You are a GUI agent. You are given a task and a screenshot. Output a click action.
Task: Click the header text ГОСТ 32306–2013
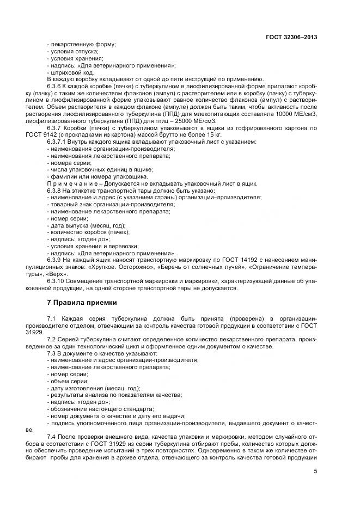[291, 38]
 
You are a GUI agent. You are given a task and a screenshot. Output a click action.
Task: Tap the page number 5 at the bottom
[315, 471]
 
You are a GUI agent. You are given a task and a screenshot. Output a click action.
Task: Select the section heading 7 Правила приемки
[81, 302]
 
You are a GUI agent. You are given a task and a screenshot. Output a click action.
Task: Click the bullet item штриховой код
[71, 72]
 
